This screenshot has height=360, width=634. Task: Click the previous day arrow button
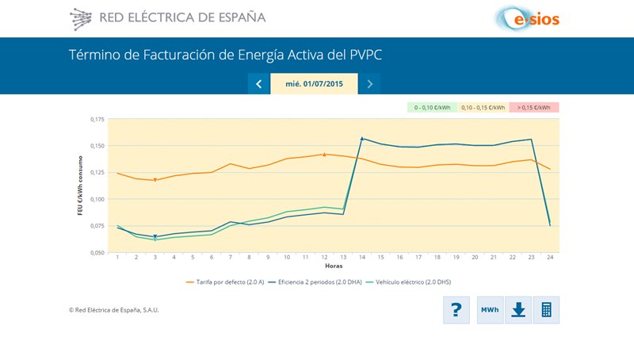click(x=259, y=84)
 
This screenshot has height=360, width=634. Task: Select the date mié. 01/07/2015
click(x=314, y=84)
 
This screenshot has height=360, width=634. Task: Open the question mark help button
click(x=456, y=310)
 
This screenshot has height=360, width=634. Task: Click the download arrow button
click(x=518, y=310)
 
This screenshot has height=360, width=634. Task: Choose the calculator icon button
click(x=546, y=310)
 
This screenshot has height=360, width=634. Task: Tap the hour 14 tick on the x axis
click(x=362, y=258)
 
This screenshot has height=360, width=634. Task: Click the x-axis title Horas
click(x=334, y=266)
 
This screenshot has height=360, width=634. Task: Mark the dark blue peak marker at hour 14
click(x=362, y=139)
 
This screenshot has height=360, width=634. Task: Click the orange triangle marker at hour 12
click(x=324, y=154)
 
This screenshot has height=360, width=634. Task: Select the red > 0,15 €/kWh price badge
click(x=535, y=107)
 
